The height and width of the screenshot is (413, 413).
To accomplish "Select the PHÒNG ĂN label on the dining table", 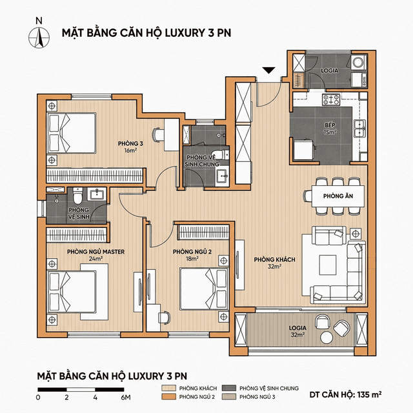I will click(x=333, y=194).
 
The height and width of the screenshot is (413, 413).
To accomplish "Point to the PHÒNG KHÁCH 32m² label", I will click(x=274, y=263).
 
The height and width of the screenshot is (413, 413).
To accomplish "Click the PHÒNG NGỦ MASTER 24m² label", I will click(x=96, y=255).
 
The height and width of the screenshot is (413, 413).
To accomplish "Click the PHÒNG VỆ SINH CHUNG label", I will click(x=203, y=161).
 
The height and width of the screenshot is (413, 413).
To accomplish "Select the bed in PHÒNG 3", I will click(x=72, y=132).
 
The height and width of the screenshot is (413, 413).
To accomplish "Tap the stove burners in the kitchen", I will click(x=332, y=100).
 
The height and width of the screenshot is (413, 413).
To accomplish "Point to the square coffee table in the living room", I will click(x=327, y=263).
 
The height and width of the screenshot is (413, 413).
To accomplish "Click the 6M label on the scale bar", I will click(x=125, y=398).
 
